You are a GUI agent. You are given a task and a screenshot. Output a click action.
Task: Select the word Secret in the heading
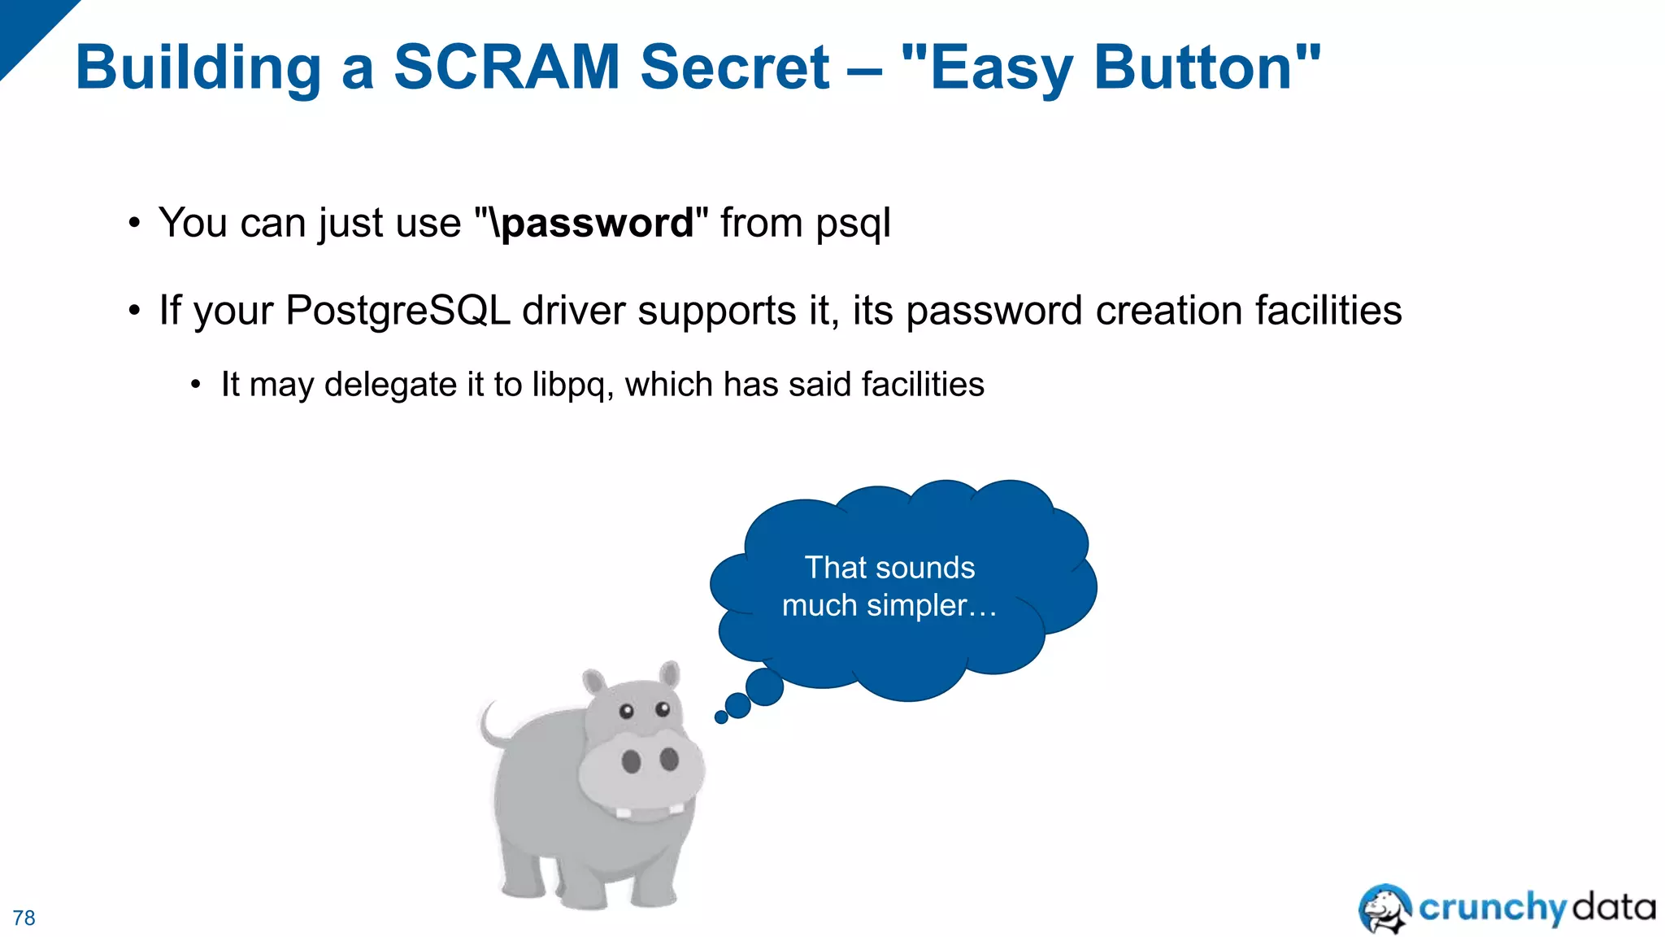(x=735, y=67)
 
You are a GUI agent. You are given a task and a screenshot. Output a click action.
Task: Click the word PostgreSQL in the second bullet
(x=398, y=312)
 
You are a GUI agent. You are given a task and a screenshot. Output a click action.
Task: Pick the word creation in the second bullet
(x=1168, y=311)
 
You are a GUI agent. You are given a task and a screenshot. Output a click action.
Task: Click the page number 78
(x=24, y=918)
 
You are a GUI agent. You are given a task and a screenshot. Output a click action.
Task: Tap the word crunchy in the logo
(x=1492, y=908)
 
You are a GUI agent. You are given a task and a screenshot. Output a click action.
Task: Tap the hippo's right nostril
(x=669, y=759)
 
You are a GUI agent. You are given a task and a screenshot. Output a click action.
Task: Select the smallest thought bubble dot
(x=721, y=717)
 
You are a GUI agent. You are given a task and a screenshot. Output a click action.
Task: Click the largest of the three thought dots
(x=764, y=687)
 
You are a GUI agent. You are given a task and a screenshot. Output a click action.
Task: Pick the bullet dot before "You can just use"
(x=135, y=223)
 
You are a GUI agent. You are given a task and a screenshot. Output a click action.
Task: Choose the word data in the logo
(x=1614, y=907)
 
